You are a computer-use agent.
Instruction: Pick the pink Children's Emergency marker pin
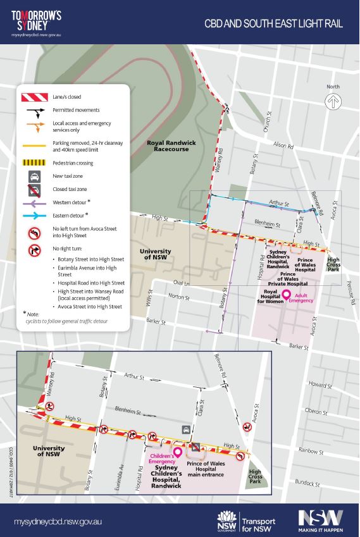click(177, 452)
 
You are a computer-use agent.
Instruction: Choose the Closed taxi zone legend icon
click(32, 188)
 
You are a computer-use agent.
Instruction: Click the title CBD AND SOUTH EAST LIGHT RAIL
click(273, 24)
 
